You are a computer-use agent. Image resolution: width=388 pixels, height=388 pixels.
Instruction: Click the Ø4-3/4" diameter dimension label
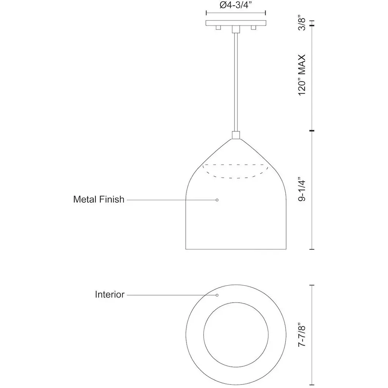tap(236, 5)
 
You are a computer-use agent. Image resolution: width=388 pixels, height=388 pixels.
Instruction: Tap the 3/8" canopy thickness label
tap(302, 24)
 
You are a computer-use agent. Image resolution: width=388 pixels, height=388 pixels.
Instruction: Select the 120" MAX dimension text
tap(302, 75)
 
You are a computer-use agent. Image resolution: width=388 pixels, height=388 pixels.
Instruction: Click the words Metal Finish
tap(99, 199)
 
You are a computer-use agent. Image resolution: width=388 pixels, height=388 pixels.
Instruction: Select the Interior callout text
tap(110, 294)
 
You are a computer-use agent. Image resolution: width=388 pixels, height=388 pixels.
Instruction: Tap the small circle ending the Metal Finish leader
tap(217, 200)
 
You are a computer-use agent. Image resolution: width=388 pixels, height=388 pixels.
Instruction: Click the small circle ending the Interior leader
tap(217, 295)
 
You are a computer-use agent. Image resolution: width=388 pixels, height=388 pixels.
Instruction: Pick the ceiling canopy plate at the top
tap(236, 23)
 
